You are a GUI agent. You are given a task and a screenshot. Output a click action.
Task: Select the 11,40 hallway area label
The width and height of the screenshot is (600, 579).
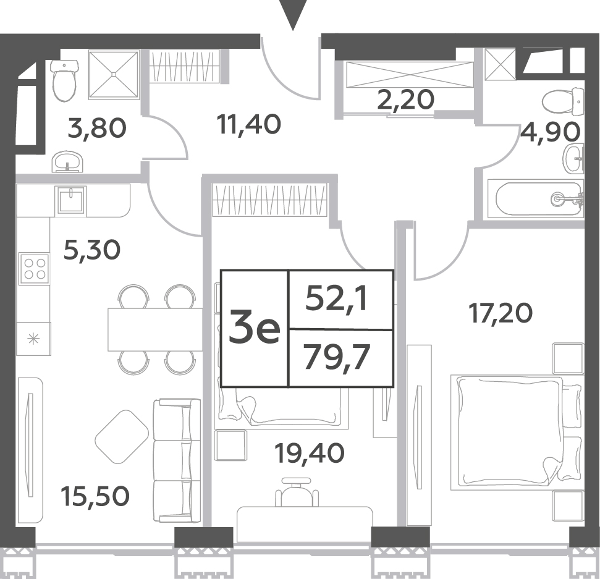coord(249,124)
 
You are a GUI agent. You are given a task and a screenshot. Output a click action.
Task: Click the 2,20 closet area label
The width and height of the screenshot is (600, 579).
coord(405,99)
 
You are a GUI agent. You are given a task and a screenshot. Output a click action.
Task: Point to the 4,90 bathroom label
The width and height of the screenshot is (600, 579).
coord(550,132)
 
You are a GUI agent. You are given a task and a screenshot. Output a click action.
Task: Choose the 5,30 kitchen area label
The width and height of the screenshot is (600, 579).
coord(92,250)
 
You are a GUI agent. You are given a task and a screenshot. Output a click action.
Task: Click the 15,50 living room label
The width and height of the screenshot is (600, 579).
coord(95,496)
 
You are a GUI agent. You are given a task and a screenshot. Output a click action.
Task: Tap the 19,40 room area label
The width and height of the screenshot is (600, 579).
coord(310,453)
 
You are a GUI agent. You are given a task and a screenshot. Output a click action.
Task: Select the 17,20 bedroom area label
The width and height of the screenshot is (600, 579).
coord(501,313)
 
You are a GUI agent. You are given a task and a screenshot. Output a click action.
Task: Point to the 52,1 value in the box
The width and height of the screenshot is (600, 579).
coord(337,298)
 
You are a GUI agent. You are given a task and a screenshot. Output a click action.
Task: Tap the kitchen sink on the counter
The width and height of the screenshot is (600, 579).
coord(71,200)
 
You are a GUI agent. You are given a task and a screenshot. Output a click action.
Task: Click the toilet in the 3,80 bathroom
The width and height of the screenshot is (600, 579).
coord(64,80)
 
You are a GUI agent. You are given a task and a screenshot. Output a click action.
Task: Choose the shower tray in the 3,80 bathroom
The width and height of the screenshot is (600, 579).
coord(114,74)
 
